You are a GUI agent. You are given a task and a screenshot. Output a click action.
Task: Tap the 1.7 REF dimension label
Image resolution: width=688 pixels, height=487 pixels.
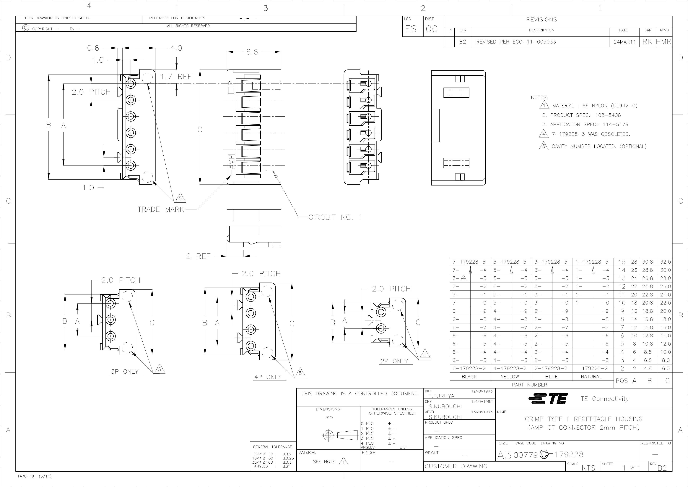(x=176, y=77)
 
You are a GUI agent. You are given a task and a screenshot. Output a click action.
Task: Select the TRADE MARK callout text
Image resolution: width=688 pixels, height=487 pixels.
(x=161, y=209)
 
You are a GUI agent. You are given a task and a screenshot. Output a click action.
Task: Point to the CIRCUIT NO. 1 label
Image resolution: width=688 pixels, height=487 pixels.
(x=335, y=217)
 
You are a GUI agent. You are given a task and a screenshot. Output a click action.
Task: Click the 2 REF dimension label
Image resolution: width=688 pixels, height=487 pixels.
(x=198, y=256)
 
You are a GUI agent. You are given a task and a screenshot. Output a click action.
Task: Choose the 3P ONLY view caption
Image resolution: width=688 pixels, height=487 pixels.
(x=125, y=372)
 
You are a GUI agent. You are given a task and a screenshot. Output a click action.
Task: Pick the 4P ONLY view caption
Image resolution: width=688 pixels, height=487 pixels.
(x=268, y=377)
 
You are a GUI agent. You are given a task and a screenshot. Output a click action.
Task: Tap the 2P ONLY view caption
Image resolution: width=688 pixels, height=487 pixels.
(x=394, y=361)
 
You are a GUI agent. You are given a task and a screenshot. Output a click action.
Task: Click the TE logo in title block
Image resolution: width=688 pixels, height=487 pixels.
(x=548, y=399)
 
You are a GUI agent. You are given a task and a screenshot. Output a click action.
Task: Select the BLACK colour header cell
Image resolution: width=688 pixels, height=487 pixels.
(x=469, y=377)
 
